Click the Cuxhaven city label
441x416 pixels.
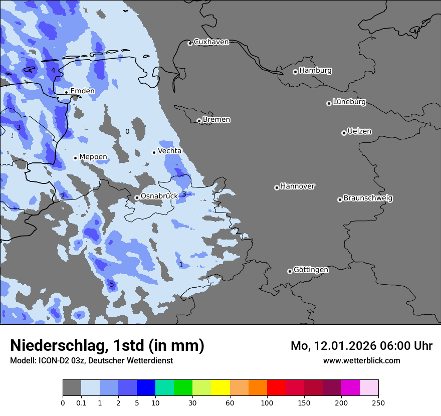tap(211, 42)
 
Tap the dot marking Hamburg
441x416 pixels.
tap(296, 72)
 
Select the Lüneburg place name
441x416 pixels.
tap(349, 102)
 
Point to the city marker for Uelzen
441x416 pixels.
tap(344, 133)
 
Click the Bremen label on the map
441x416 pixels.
tap(216, 120)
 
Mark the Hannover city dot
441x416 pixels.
tap(277, 187)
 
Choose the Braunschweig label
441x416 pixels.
tap(368, 198)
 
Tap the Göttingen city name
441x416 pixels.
tap(311, 270)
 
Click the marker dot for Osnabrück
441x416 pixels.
tap(137, 197)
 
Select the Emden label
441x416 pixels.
tap(82, 91)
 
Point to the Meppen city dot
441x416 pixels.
tap(75, 158)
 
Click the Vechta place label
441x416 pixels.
tap(170, 151)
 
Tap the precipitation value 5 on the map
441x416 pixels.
tap(112, 285)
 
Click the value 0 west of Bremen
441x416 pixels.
tap(127, 131)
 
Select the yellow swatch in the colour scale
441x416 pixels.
tap(220, 388)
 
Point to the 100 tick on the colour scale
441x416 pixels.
tap(267, 402)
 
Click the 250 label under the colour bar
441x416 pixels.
tap(378, 402)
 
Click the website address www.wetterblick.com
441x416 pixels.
tap(362, 361)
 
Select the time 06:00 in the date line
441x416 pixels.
tap(392, 346)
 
